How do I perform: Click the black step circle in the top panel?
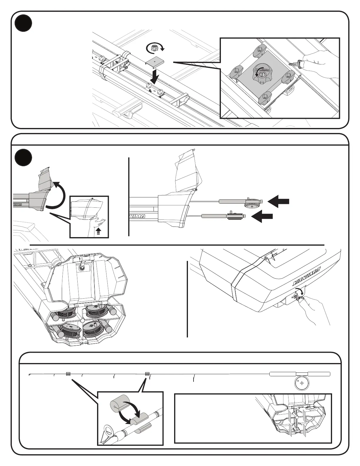24,24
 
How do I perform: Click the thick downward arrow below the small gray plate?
154,76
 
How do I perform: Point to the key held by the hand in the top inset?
295,63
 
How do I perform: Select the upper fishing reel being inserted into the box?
252,203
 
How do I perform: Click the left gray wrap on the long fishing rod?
68,374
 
